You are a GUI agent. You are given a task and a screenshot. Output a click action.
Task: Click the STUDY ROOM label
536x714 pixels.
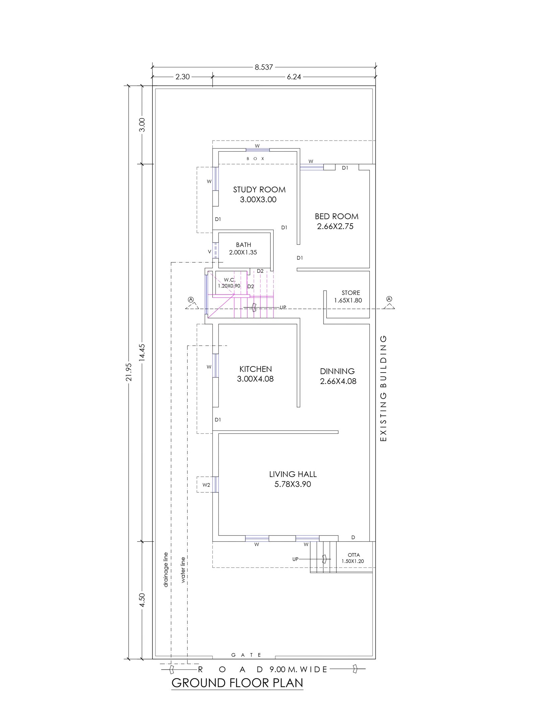[259, 190]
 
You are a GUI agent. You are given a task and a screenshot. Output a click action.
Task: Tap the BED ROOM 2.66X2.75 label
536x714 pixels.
[336, 221]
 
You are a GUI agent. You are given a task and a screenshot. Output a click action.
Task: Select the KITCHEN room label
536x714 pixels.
[256, 369]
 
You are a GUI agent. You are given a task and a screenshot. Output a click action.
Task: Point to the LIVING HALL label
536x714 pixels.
[293, 474]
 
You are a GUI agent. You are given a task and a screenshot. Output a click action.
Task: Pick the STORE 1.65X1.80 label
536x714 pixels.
[348, 297]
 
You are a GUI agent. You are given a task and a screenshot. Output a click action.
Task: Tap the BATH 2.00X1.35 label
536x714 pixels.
[243, 249]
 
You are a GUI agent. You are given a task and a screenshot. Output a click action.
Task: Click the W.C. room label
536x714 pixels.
[230, 280]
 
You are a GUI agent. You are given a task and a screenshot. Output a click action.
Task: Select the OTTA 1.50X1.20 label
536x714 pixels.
[353, 558]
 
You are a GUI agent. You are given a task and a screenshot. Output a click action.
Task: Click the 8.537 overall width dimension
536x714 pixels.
[264, 67]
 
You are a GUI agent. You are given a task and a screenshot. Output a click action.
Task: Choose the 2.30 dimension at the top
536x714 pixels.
[183, 77]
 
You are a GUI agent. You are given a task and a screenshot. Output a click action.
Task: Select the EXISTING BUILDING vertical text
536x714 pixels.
[384, 388]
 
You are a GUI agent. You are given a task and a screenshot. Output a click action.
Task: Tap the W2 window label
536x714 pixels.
[206, 485]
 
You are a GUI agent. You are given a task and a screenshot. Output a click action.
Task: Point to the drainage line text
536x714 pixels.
[165, 570]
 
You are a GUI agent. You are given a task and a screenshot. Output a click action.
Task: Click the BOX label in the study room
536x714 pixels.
[256, 159]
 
